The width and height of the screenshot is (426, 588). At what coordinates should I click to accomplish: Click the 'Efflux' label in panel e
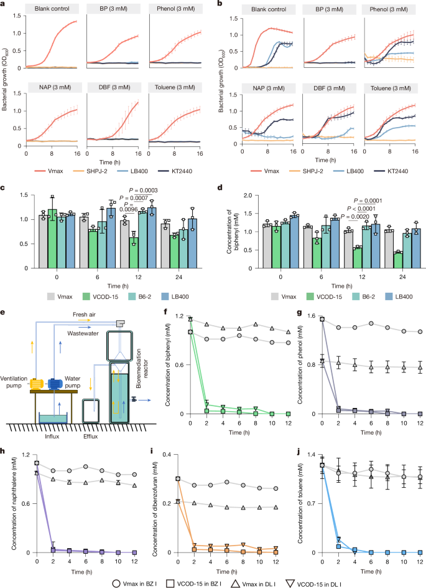[94, 429]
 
